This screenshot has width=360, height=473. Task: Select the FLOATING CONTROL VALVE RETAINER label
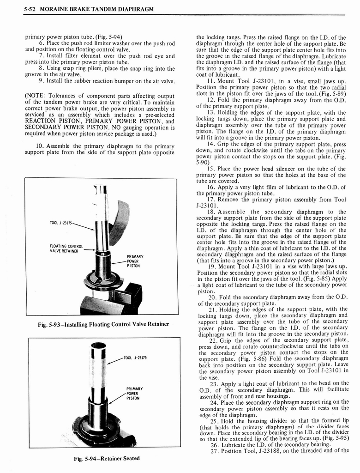click(x=66, y=249)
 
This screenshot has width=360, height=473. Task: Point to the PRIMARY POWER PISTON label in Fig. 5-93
click(x=135, y=261)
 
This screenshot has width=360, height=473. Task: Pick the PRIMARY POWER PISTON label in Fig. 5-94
click(x=134, y=393)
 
